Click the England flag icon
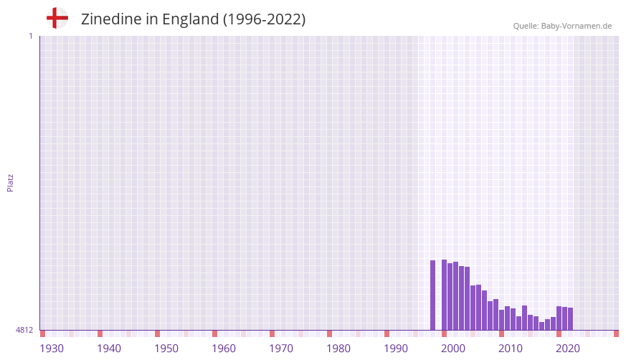click(x=57, y=19)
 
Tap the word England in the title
click(x=189, y=19)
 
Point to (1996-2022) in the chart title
click(x=265, y=19)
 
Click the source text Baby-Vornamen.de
click(x=576, y=26)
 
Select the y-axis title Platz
click(x=10, y=182)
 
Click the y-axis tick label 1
click(x=30, y=36)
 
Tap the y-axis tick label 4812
click(x=24, y=330)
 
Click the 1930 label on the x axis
click(x=52, y=349)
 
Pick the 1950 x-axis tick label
click(x=166, y=349)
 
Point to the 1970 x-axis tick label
click(x=281, y=349)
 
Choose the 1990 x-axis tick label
click(x=396, y=349)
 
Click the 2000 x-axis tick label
click(x=453, y=349)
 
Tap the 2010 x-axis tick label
click(x=511, y=349)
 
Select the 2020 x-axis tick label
click(x=568, y=349)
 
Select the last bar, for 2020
click(x=571, y=319)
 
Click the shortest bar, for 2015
click(x=542, y=326)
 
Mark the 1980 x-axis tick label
click(x=338, y=349)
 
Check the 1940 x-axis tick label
click(x=109, y=349)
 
